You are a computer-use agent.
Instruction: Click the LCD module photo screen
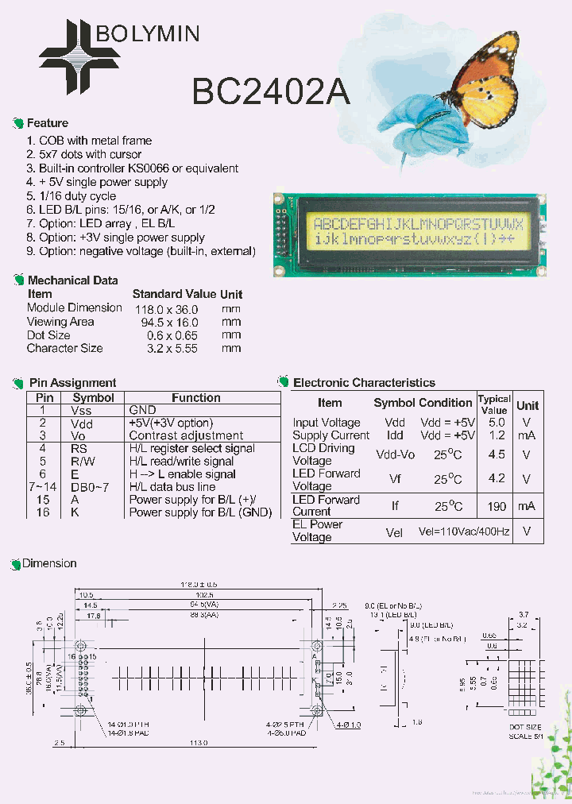(x=418, y=230)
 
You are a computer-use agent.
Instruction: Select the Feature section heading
(x=48, y=123)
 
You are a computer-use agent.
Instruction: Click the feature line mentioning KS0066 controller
(x=133, y=168)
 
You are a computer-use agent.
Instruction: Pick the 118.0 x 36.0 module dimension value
(x=166, y=308)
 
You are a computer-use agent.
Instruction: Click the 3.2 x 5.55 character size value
(x=172, y=348)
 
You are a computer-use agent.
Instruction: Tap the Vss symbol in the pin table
(x=81, y=410)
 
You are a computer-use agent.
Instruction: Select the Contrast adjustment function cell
(x=186, y=435)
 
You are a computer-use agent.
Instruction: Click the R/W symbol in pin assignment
(x=83, y=461)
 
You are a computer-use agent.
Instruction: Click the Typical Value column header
(x=494, y=404)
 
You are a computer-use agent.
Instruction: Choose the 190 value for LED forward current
(x=497, y=506)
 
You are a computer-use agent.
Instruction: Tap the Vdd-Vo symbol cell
(x=395, y=454)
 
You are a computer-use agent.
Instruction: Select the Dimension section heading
(x=49, y=563)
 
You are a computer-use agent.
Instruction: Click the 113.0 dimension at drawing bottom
(x=198, y=743)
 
